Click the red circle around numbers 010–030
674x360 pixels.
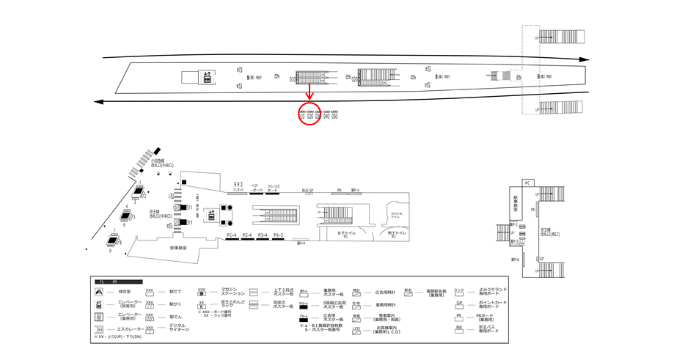309,114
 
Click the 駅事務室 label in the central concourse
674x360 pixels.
179,249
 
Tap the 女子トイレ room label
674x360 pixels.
346,234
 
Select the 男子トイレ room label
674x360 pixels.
397,234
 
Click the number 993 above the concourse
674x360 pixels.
238,183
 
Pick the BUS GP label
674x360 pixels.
307,190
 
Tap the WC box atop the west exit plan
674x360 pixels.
527,183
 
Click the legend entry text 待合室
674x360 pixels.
124,292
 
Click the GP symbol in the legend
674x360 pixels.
459,304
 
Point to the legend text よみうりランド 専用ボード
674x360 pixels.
487,292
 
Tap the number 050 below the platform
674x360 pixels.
334,116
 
